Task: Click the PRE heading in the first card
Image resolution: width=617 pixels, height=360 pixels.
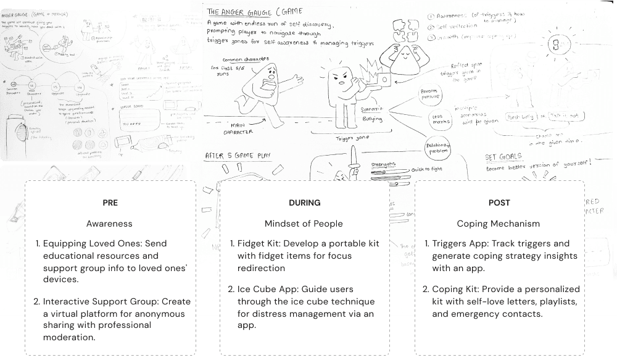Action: [x=110, y=203]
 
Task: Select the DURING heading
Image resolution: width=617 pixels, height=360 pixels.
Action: [x=304, y=203]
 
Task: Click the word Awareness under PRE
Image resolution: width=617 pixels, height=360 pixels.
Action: [x=109, y=224]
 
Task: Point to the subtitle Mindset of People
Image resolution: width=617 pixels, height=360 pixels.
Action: [x=304, y=224]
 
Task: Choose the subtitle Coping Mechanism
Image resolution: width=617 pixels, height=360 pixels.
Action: [x=499, y=224]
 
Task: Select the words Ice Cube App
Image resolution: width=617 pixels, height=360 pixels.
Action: [x=265, y=289]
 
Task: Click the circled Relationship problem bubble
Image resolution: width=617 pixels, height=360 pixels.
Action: [x=437, y=149]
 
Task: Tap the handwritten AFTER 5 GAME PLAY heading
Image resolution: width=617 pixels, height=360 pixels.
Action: [x=240, y=155]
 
